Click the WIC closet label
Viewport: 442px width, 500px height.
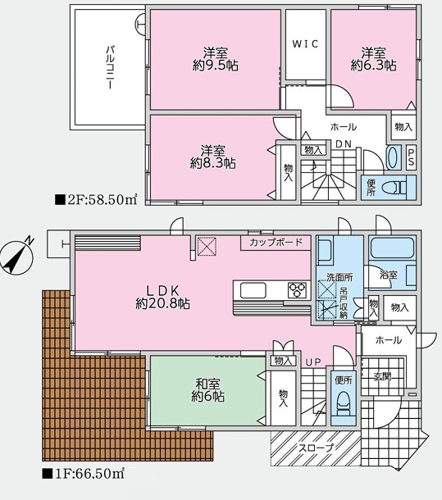(305, 43)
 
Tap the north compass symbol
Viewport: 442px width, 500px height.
(17, 257)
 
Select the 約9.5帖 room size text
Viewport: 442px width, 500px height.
(216, 66)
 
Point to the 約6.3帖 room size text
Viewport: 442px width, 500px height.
(373, 66)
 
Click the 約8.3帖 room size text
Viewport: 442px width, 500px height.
(213, 163)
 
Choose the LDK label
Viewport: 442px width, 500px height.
(163, 290)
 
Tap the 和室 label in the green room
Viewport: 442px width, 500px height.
(207, 383)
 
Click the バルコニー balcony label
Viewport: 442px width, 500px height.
(110, 67)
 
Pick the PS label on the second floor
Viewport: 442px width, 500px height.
(411, 158)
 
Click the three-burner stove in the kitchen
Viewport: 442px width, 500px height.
(297, 290)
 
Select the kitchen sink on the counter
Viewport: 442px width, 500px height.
(253, 290)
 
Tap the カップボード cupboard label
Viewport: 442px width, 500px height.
(276, 243)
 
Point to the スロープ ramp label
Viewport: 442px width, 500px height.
(316, 448)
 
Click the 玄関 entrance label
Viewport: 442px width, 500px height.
(382, 376)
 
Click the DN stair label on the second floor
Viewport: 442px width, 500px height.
(344, 144)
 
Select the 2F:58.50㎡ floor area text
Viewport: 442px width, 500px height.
(96, 200)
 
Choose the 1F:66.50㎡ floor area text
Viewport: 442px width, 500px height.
(83, 474)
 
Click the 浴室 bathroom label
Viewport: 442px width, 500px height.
(389, 275)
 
